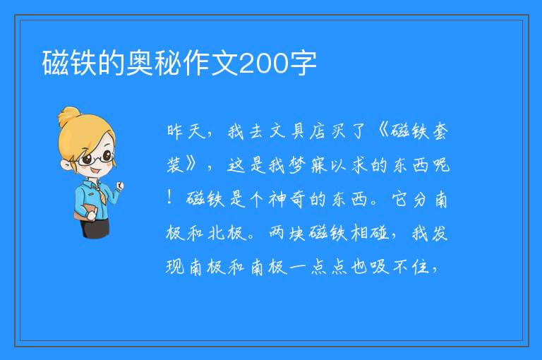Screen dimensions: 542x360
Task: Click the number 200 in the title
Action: [x=263, y=64]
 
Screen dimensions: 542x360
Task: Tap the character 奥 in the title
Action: [x=140, y=64]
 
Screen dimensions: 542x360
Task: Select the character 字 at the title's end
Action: [x=303, y=64]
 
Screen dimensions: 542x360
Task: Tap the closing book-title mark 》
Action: [x=191, y=164]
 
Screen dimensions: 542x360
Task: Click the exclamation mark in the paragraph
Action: [x=169, y=198]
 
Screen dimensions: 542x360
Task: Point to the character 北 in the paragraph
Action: [x=217, y=232]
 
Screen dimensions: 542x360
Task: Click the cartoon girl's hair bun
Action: [x=69, y=116]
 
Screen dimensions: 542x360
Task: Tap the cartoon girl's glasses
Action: [x=96, y=157]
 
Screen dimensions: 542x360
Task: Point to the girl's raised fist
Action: [x=119, y=186]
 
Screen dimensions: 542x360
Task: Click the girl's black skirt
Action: [x=95, y=227]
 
